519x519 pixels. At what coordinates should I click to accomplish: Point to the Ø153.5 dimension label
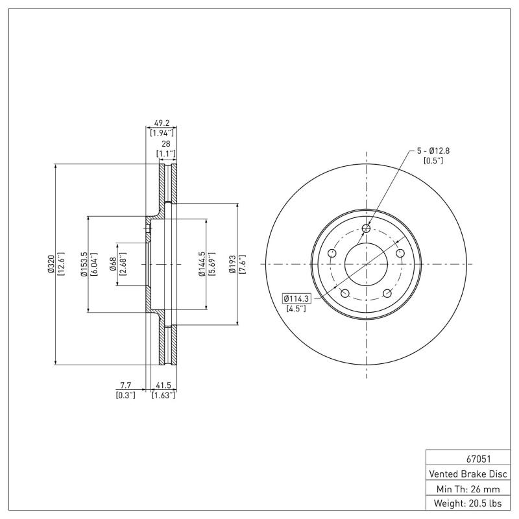84,265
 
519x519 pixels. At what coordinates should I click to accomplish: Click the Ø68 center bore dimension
113,264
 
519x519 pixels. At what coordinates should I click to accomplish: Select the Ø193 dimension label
232,265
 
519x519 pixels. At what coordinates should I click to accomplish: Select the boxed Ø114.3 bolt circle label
297,298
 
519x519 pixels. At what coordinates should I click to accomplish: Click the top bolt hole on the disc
367,228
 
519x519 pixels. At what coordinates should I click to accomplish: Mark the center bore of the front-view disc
367,264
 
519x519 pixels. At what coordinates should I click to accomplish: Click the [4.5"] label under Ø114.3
296,309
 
